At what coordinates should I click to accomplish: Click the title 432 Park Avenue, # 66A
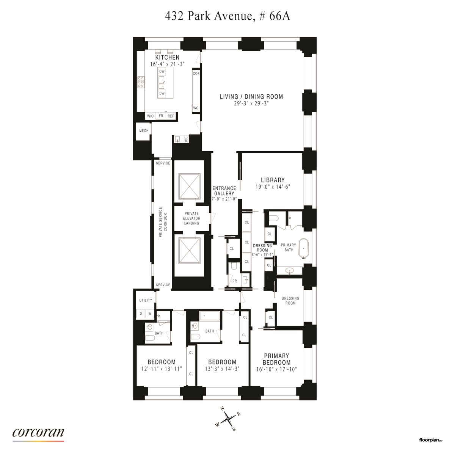click(227, 16)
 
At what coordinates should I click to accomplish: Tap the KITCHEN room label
click(167, 58)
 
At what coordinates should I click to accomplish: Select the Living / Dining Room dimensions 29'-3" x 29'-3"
click(251, 104)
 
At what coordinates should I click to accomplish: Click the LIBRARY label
click(273, 180)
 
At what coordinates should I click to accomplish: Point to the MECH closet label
click(144, 131)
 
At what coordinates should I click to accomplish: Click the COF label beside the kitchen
click(196, 74)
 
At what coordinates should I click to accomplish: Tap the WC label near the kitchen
click(196, 108)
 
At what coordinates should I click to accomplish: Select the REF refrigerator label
click(171, 116)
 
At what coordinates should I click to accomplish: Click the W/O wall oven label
click(151, 116)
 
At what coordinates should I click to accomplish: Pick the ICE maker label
click(186, 139)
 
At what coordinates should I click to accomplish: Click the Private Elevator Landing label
click(191, 218)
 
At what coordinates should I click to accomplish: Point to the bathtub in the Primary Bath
click(304, 249)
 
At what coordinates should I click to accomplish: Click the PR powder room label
click(234, 281)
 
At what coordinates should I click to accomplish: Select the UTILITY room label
click(146, 300)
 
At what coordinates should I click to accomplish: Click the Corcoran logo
click(38, 433)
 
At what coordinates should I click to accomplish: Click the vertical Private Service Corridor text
click(163, 222)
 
